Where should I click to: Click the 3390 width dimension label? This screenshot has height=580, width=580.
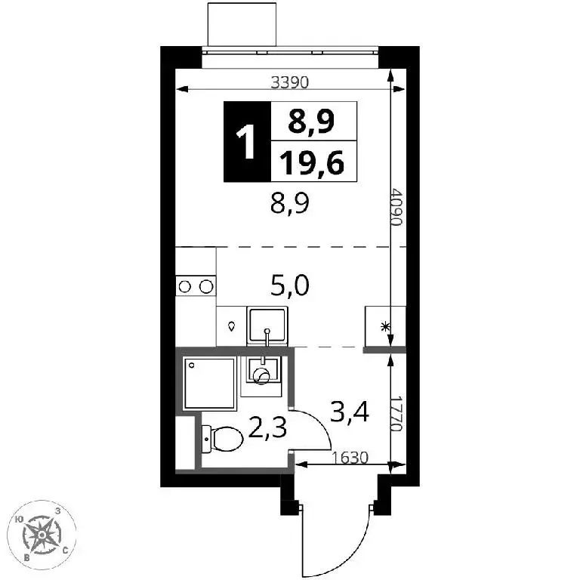point(289,82)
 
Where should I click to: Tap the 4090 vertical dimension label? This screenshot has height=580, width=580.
point(396,207)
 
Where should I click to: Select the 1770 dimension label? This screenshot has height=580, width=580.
point(396,414)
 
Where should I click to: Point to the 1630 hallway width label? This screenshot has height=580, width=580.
point(350,458)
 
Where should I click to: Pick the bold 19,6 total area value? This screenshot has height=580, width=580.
point(312,163)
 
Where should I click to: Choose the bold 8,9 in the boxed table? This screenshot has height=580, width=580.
point(311,121)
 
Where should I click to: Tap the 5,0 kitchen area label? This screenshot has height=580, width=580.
point(290,286)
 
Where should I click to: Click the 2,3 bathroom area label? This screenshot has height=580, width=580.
point(267,427)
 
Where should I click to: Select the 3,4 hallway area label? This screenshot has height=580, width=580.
point(349,412)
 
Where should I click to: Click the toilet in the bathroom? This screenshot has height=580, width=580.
point(222,439)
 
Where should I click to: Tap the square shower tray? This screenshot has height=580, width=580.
point(210,384)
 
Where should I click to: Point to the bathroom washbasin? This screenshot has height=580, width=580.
point(263,371)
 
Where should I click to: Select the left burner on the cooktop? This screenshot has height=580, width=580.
point(184,286)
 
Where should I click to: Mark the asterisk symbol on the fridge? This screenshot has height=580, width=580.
point(385,327)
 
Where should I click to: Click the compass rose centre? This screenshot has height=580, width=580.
point(42,535)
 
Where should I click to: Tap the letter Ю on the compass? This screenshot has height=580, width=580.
point(19,520)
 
